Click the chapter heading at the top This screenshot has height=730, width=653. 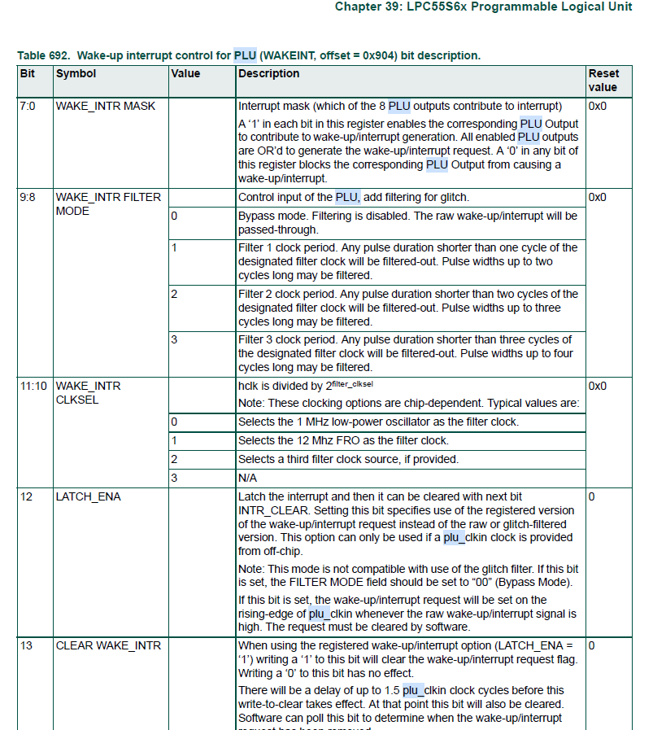483,7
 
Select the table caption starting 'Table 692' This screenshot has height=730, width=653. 248,55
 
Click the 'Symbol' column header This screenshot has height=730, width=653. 76,74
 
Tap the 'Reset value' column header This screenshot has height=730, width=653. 603,81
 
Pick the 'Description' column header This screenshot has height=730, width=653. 268,74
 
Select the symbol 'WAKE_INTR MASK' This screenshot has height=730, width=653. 105,106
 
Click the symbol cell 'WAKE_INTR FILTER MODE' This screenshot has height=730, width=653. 108,203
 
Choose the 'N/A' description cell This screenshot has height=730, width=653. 247,478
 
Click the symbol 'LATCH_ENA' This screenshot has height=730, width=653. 88,496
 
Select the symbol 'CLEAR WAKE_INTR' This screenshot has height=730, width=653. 108,645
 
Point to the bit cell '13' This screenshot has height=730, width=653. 26,645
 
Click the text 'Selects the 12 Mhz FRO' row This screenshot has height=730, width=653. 342,440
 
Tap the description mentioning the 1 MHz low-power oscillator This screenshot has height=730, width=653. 378,422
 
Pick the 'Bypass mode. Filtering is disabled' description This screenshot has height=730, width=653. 407,222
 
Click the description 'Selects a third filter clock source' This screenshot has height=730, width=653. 348,459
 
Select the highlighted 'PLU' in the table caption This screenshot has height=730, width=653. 245,55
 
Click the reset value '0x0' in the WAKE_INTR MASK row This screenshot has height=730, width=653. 597,106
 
